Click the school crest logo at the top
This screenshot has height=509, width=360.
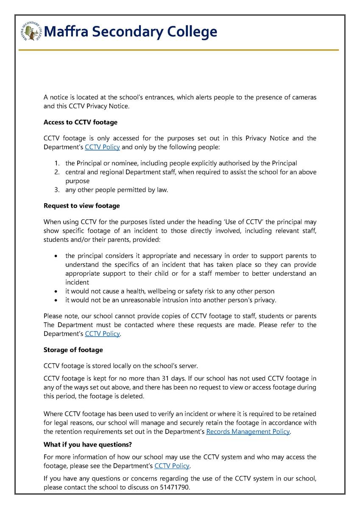[x=31, y=31]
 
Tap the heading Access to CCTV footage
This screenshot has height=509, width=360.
[x=81, y=122]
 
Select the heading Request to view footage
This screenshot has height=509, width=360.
[x=82, y=206]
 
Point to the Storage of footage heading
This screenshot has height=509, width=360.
[x=73, y=350]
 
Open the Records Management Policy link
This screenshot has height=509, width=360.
[x=248, y=431]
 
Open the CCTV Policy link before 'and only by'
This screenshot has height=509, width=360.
[x=102, y=147]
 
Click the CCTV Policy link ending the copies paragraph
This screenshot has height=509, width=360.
[x=102, y=334]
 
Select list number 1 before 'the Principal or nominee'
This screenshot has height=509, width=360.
[x=56, y=163]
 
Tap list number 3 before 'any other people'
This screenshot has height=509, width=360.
[x=56, y=190]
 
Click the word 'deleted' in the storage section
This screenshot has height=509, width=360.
[x=133, y=396]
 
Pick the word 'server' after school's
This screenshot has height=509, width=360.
[x=187, y=366]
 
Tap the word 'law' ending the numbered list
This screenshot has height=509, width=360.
[x=162, y=190]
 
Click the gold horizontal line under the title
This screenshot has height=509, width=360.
[x=179, y=50]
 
